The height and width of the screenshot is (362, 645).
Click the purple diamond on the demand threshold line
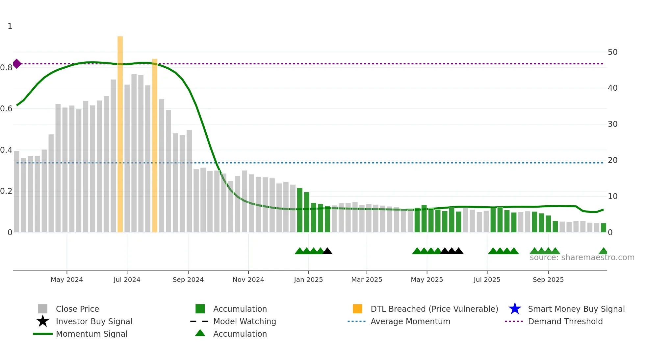click(x=17, y=64)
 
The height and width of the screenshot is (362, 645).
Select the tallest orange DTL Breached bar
click(x=120, y=135)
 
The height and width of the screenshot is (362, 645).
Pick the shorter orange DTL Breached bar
click(x=155, y=146)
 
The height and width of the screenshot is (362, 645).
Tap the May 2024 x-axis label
click(x=67, y=280)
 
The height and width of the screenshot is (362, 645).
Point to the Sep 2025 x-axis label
click(x=548, y=280)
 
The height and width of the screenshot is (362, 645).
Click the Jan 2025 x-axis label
click(x=308, y=280)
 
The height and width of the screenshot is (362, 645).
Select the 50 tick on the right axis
click(x=612, y=52)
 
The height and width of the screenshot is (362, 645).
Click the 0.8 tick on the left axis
click(x=6, y=68)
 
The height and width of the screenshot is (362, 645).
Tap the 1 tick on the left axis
click(x=10, y=26)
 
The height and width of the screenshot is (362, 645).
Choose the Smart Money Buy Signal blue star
click(x=515, y=309)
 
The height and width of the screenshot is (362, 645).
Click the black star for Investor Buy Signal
click(x=43, y=321)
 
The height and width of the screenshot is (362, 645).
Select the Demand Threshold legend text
click(x=565, y=321)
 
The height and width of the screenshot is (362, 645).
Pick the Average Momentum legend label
click(x=410, y=321)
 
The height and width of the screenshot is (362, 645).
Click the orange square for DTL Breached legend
click(x=357, y=309)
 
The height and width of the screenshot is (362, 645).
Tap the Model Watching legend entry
click(x=245, y=321)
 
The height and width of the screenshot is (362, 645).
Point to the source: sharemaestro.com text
click(x=582, y=258)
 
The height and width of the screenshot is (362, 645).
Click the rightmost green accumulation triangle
click(x=603, y=251)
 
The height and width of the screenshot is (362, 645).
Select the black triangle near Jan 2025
click(x=327, y=251)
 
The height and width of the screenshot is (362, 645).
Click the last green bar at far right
click(x=604, y=228)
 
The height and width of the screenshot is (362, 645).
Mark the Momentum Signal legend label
click(x=91, y=334)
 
